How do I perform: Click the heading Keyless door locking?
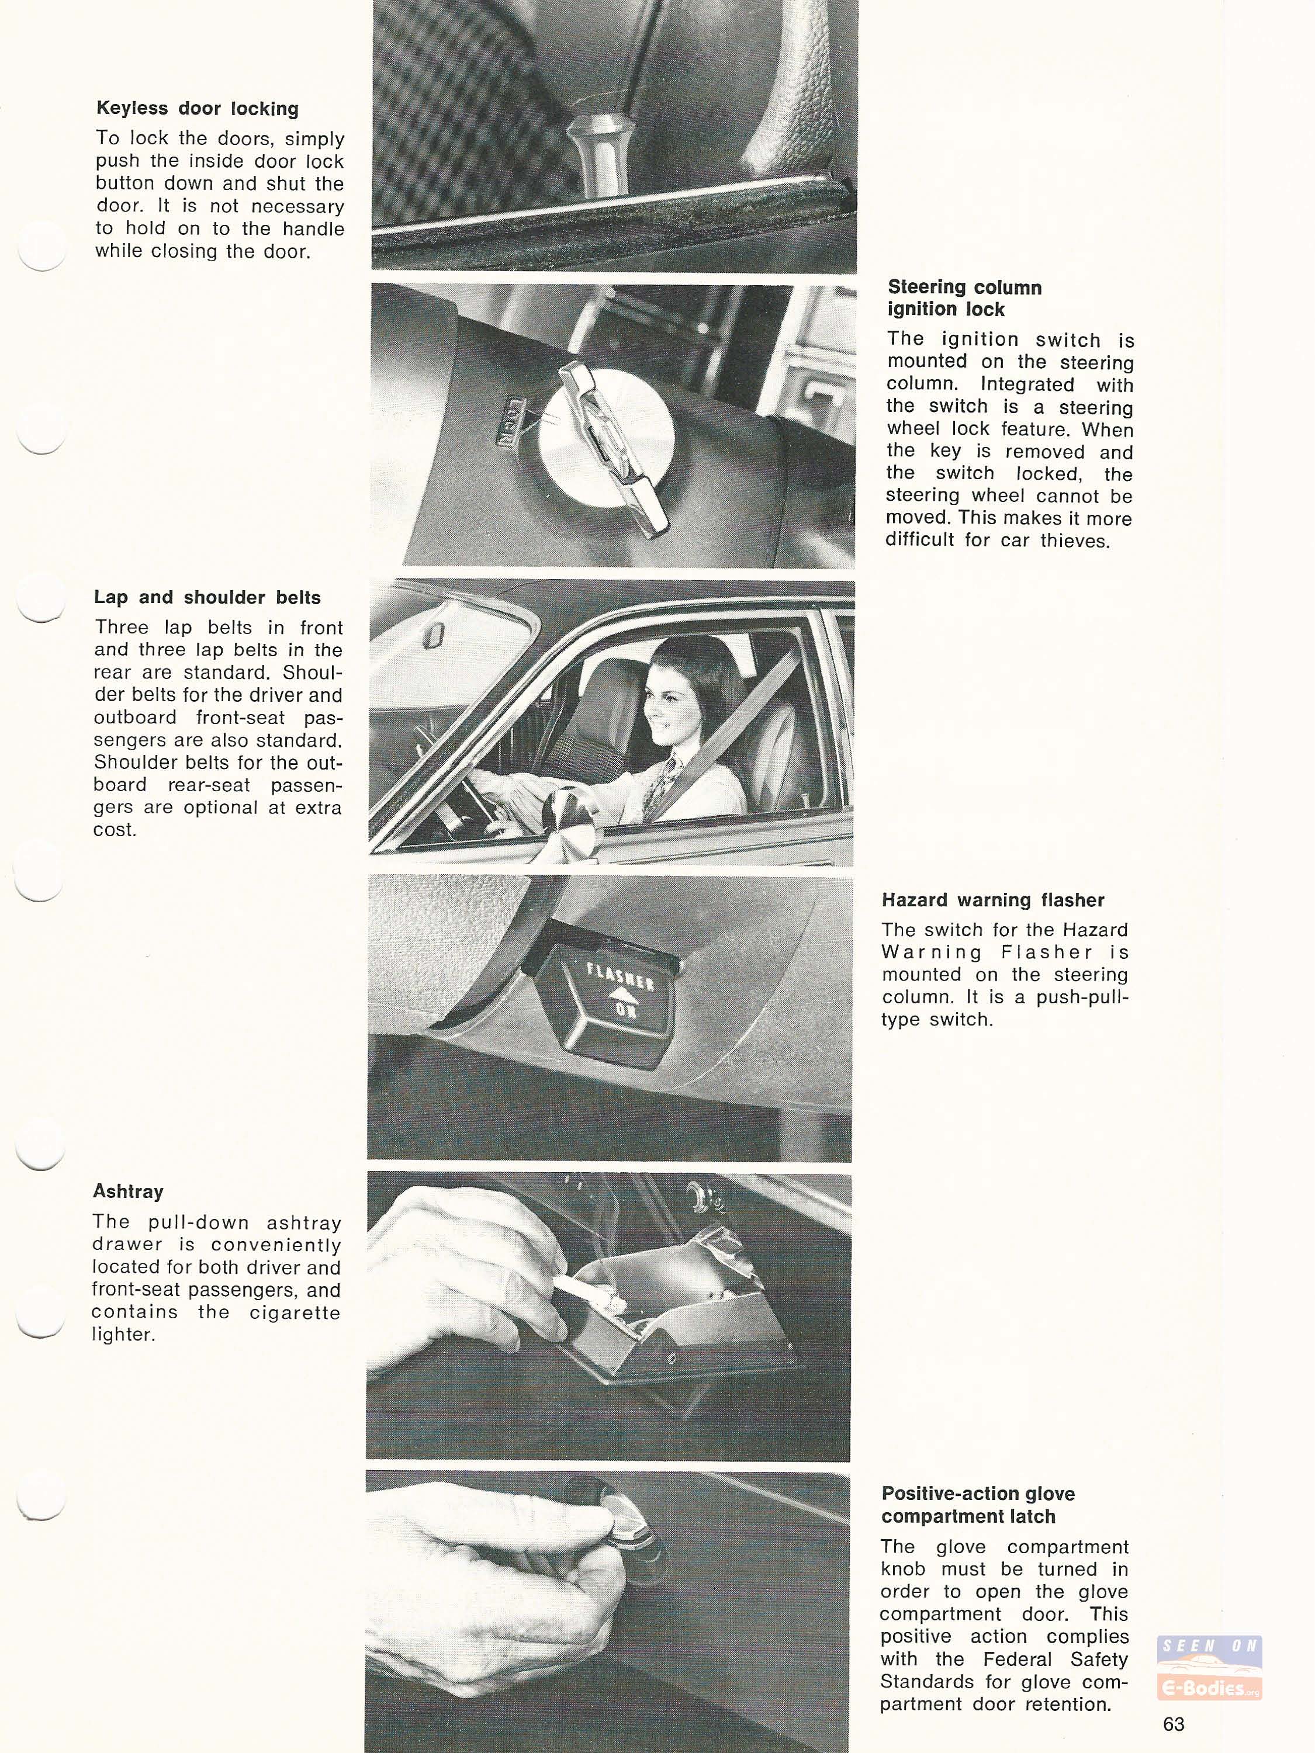point(198,109)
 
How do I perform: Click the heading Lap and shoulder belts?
point(207,598)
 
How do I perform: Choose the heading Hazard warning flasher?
point(992,900)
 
